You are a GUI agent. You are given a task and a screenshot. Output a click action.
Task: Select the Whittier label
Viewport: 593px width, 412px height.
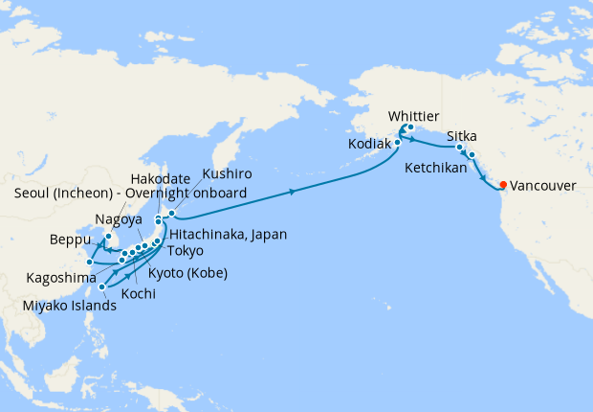414,116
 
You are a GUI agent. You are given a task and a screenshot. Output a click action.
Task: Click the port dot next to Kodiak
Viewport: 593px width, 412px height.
397,144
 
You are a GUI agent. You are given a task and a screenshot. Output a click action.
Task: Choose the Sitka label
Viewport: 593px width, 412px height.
462,136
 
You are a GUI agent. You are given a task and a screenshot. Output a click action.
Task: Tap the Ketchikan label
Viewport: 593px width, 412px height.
436,167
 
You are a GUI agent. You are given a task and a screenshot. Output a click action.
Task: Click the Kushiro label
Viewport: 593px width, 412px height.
227,175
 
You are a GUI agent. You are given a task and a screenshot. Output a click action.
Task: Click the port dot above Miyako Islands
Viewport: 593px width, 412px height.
102,286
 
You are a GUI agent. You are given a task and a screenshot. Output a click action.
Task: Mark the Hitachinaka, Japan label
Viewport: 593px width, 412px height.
227,233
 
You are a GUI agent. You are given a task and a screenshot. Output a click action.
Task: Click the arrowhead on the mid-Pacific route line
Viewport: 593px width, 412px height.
291,192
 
